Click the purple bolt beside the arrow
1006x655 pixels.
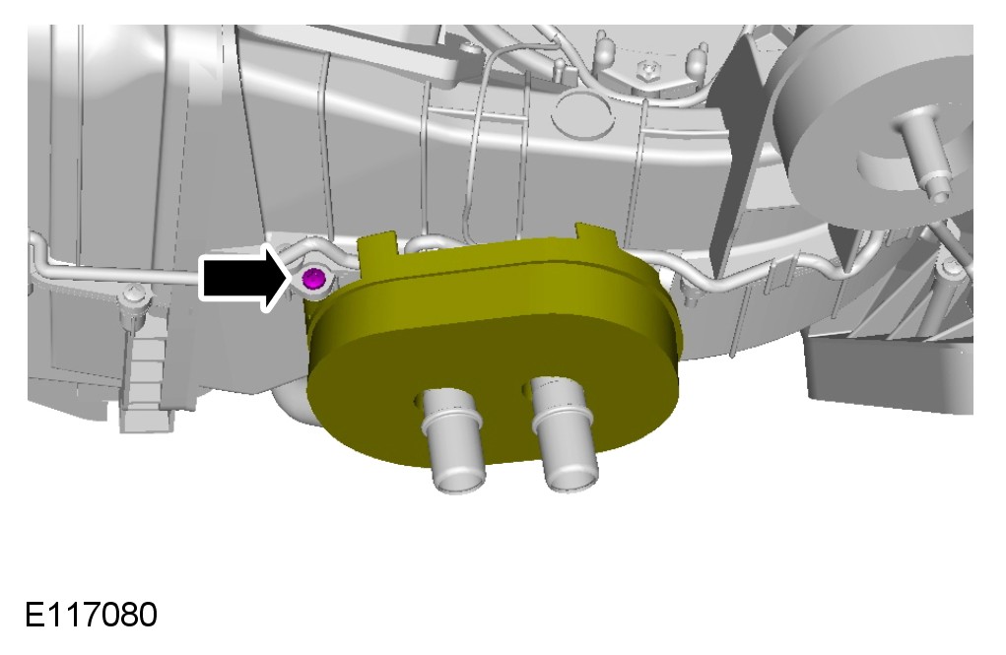point(313,279)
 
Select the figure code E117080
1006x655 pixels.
point(91,615)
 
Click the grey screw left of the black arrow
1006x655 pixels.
point(134,301)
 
